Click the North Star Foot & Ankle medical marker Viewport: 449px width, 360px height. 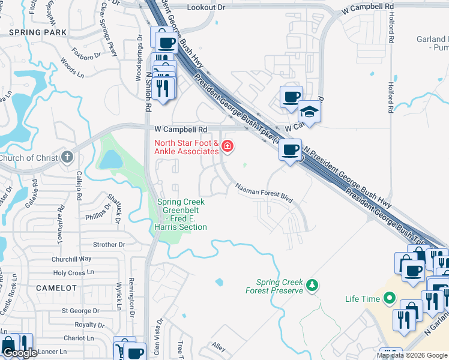point(227,146)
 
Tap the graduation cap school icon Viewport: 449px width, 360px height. point(310,112)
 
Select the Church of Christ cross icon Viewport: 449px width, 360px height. point(67,158)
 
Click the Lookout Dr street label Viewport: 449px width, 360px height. point(206,7)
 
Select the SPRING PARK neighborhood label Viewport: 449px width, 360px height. point(38,32)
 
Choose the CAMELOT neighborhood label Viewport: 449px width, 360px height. point(56,288)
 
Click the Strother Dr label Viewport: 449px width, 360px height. point(109,245)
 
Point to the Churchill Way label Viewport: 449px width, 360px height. point(71,259)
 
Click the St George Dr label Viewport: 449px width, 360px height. point(80,311)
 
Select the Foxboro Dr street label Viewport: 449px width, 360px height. point(86,53)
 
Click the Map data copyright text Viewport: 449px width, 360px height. point(412,355)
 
